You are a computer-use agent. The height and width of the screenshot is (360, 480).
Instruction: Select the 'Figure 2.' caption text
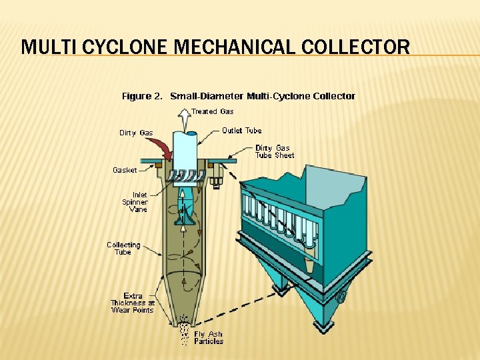point(142,96)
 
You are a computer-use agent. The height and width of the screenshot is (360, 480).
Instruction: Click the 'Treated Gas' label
point(213,111)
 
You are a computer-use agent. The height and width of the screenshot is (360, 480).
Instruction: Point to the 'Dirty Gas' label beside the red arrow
point(136,133)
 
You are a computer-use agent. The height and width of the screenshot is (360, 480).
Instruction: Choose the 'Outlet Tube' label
point(241,131)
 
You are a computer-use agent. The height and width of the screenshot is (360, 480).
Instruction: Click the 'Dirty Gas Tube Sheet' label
point(274,151)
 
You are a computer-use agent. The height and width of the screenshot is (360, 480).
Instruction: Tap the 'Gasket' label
point(125,170)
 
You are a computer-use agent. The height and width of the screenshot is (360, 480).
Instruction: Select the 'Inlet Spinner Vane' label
point(135,202)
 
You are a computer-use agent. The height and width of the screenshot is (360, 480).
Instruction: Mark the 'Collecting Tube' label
point(123,248)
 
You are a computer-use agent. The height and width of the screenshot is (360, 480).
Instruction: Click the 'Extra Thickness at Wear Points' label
point(132,303)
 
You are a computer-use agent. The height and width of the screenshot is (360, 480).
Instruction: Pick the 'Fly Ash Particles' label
point(209,337)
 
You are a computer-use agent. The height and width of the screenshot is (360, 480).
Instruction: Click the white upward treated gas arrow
point(184,121)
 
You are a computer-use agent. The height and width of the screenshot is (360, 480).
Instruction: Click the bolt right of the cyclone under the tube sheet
point(217,179)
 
